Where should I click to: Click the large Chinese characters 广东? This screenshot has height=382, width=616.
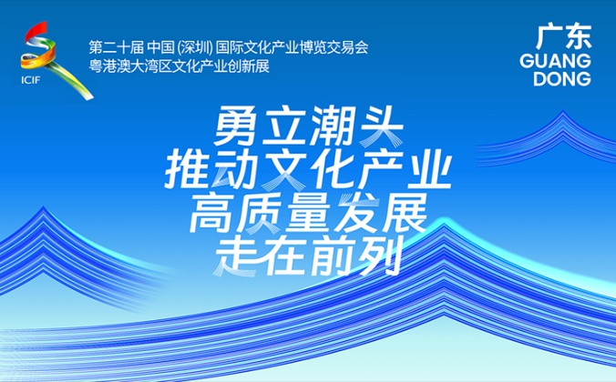click(x=564, y=36)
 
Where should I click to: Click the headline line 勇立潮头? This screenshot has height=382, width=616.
click(x=308, y=127)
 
